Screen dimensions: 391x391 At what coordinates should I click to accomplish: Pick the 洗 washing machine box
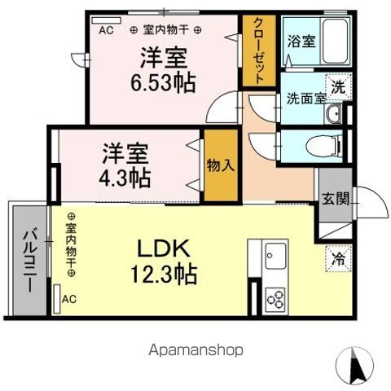click(336, 86)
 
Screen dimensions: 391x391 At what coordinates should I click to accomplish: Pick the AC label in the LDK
click(69, 299)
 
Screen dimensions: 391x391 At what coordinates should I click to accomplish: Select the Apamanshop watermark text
click(196, 349)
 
